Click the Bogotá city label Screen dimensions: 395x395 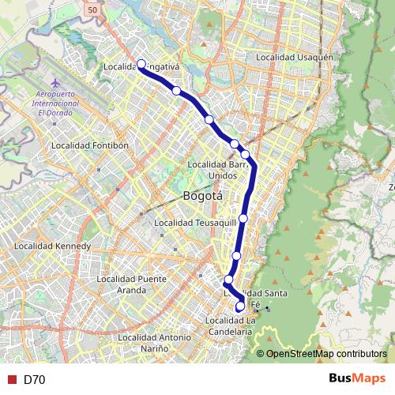(203, 196)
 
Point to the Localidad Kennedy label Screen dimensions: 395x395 (53, 246)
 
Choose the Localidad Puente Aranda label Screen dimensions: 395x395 (131, 284)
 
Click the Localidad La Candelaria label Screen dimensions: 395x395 (229, 325)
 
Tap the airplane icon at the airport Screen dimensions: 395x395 (55, 83)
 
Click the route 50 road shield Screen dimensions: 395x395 (93, 9)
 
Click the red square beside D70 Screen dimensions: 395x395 (12, 379)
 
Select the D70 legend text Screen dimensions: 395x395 (34, 379)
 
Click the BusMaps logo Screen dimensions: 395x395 (357, 378)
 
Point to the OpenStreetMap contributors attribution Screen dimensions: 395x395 (327, 354)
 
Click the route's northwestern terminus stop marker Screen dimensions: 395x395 (141, 64)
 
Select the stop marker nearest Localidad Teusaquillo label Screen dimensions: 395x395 (243, 218)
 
